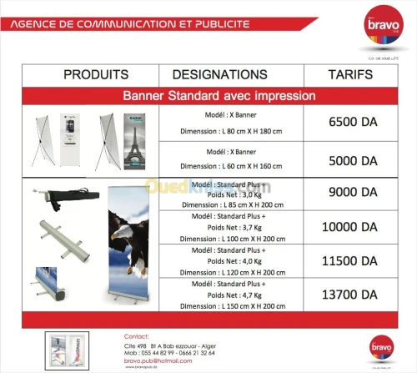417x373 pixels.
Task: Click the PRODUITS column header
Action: point(96,75)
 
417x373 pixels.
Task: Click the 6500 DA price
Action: point(353,122)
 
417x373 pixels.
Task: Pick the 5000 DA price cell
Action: point(353,159)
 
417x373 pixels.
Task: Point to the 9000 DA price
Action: point(353,192)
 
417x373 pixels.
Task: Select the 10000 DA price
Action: point(353,227)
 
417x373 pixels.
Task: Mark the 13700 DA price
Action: point(353,295)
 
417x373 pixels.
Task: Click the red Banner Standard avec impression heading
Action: point(219,96)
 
